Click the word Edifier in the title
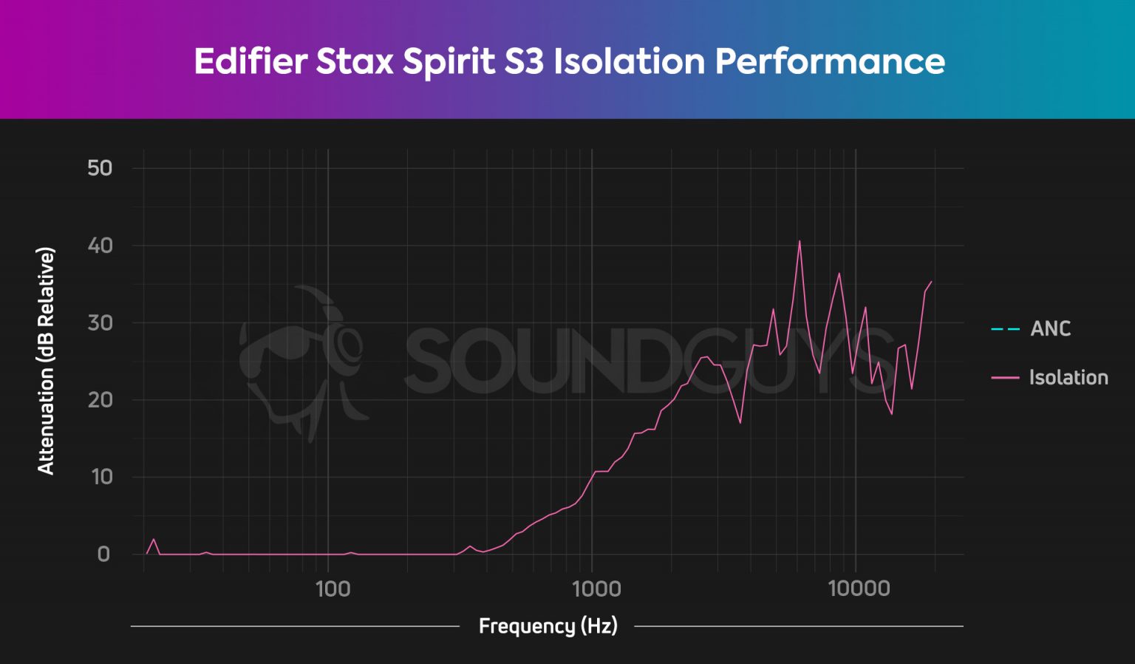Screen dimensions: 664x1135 250,61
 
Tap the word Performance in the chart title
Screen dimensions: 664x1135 830,61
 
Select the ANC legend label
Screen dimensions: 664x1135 1050,328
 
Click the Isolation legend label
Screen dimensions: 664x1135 1068,377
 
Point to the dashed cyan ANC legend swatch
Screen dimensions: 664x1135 1005,329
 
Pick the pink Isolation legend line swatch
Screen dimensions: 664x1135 1005,378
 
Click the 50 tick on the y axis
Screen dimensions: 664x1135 100,168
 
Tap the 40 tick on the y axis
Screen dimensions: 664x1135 100,245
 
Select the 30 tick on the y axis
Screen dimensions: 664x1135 100,322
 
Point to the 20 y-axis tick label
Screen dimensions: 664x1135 100,400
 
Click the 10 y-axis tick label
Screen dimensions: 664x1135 101,477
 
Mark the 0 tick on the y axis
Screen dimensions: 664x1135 103,554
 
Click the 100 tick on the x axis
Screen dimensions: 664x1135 332,589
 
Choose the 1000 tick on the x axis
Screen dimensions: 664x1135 596,589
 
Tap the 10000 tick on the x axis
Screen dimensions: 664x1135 859,589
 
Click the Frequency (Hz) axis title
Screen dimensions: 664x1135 548,626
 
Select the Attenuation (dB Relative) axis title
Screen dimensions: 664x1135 46,361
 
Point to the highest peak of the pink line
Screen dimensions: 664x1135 799,241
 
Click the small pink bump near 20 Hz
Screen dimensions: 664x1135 154,540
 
